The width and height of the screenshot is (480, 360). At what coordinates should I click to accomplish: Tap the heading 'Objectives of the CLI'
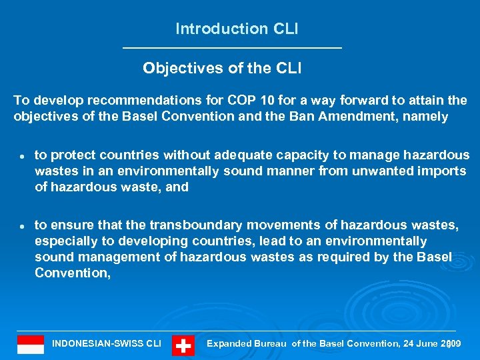(223, 68)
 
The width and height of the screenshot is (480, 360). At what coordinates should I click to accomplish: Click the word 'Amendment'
(370, 117)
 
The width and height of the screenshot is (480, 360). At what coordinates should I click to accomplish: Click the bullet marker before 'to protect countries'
(21, 156)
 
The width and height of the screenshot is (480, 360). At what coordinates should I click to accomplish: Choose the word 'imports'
(444, 171)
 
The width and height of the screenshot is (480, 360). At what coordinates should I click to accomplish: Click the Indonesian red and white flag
(31, 344)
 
